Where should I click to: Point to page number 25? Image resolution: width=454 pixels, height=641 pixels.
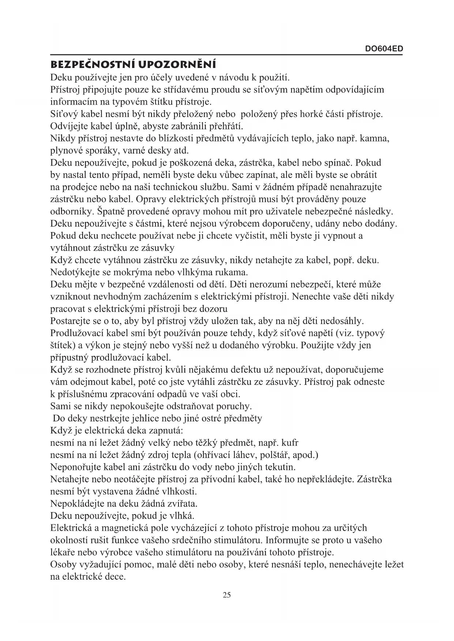[x=227, y=595]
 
